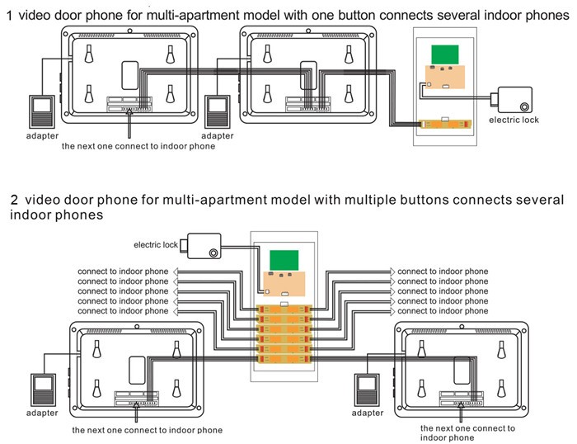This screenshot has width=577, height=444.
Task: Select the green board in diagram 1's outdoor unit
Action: [445, 53]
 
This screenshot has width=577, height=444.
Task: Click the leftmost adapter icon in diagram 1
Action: [42, 110]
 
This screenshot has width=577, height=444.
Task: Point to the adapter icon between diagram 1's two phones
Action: [218, 110]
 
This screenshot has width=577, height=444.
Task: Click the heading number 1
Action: [9, 16]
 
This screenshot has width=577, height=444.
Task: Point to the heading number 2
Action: [14, 200]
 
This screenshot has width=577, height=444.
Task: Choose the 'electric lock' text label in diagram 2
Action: [157, 244]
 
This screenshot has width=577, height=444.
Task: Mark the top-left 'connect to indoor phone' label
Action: [123, 272]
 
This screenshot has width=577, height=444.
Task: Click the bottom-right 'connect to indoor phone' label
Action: [442, 311]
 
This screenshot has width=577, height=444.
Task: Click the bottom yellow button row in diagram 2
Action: [283, 359]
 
